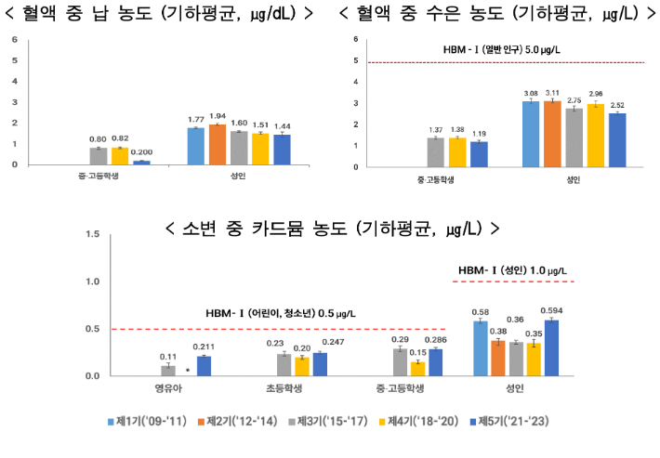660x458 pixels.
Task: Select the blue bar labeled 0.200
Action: [141, 163]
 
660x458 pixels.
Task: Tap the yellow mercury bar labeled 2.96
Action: [596, 136]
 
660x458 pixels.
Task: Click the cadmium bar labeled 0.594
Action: [551, 348]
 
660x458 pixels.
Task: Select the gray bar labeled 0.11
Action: [168, 371]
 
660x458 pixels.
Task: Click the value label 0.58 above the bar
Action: [481, 311]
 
